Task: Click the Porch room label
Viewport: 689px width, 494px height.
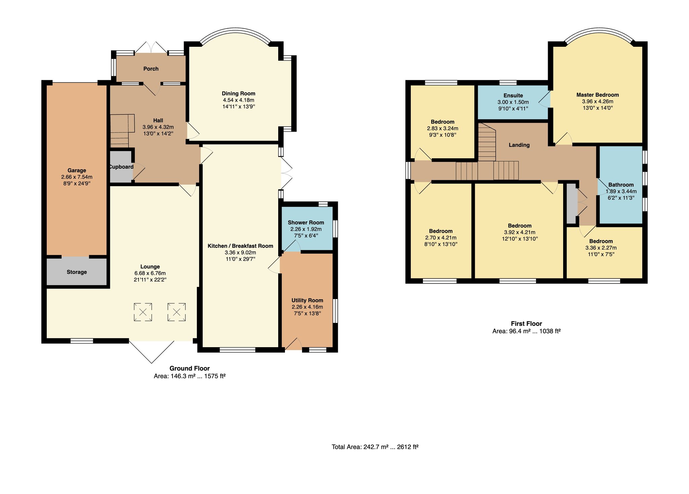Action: click(151, 69)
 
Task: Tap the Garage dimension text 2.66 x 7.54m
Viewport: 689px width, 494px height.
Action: click(77, 177)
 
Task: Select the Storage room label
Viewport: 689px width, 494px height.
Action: click(77, 272)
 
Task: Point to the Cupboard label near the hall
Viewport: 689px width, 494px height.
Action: click(121, 167)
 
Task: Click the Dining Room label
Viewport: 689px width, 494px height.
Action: click(239, 94)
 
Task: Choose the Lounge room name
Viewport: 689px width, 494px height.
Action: click(150, 267)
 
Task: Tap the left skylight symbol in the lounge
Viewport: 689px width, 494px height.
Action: click(143, 312)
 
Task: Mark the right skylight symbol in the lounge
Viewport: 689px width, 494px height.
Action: click(177, 312)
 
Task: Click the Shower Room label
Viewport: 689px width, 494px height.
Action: click(306, 223)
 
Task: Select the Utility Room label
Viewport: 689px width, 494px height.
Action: click(307, 300)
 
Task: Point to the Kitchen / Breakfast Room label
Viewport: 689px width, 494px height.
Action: click(240, 246)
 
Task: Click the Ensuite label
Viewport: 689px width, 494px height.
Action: click(513, 96)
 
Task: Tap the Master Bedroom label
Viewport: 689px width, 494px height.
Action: click(597, 95)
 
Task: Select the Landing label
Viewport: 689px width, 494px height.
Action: click(519, 145)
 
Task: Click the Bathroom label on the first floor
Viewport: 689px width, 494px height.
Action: click(621, 185)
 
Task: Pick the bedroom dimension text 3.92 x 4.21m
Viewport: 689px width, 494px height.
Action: click(519, 232)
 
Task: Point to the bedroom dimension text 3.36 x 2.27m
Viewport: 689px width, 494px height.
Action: click(601, 248)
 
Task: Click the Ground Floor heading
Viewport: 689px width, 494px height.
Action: click(189, 368)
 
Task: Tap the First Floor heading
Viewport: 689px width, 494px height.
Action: click(527, 324)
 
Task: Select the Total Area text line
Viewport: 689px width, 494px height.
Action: click(375, 447)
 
